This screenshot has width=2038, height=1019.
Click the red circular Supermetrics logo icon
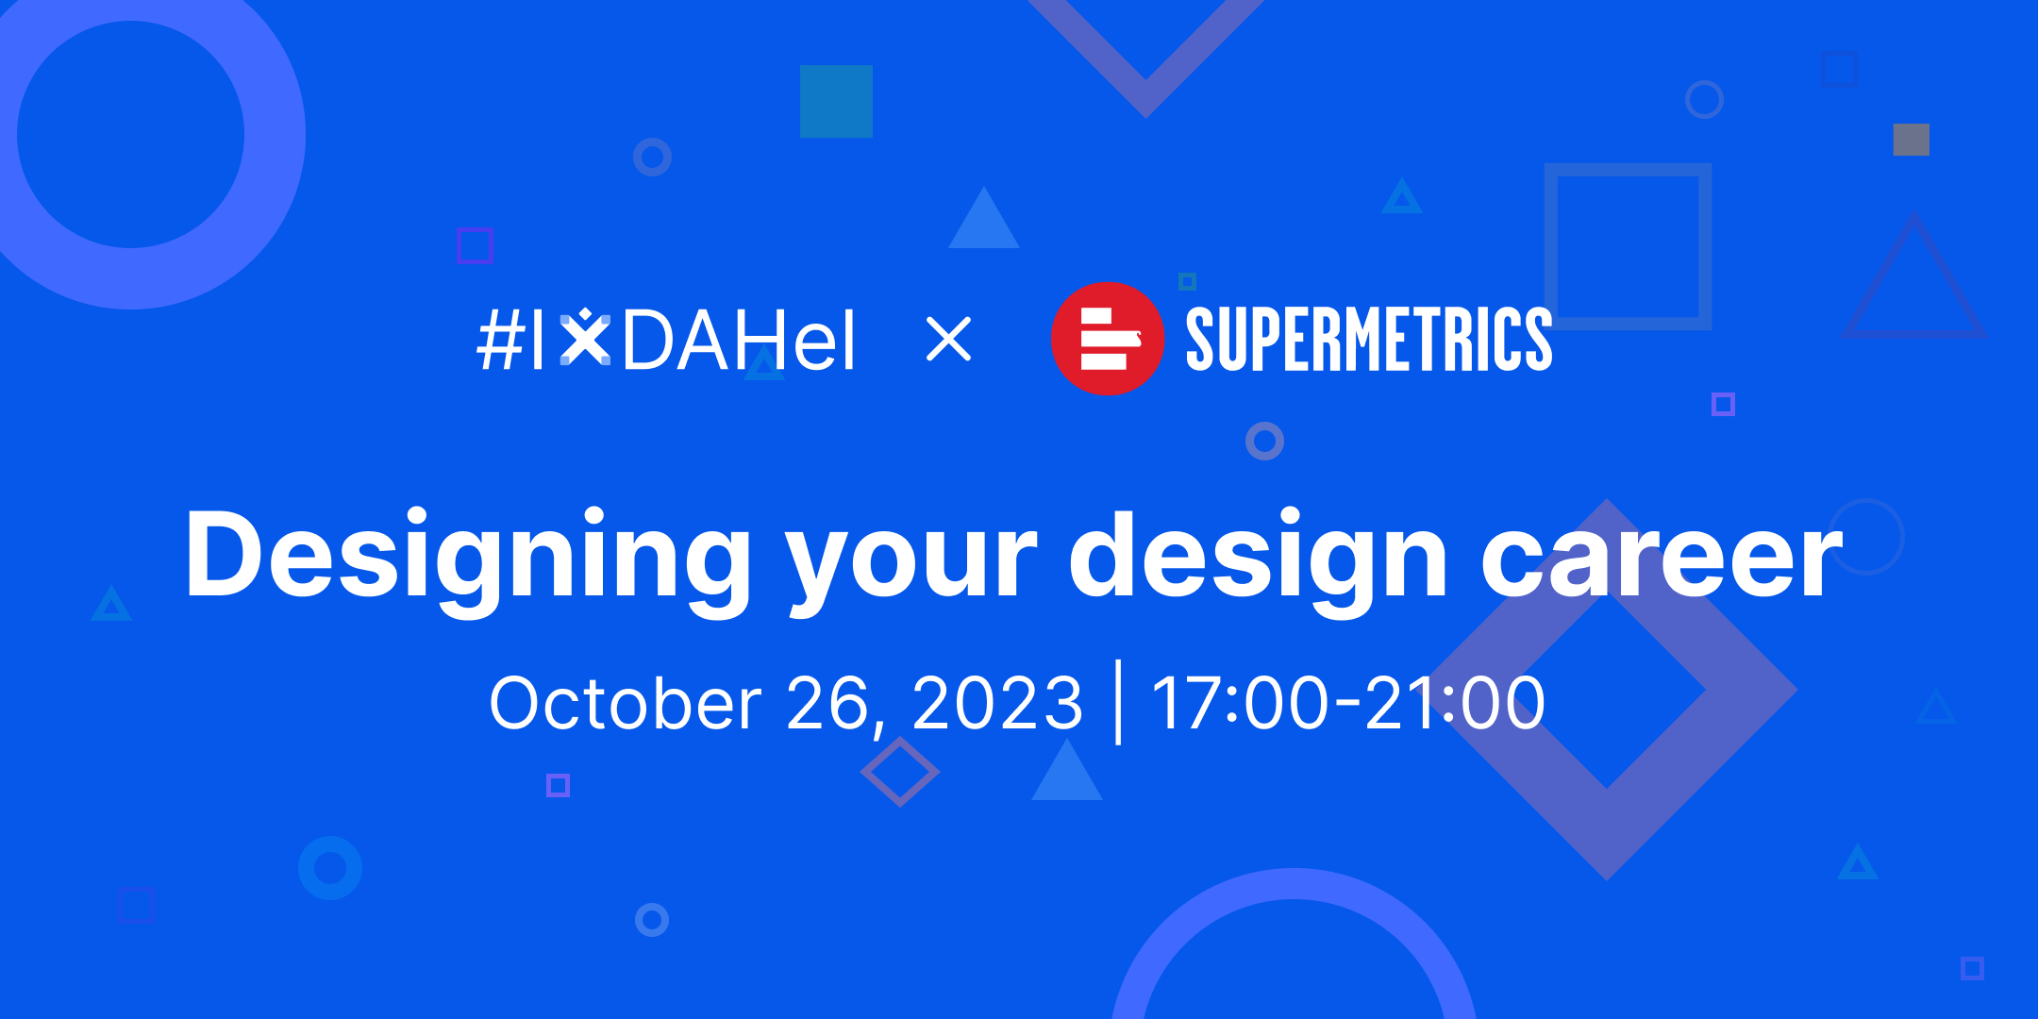coord(1108,339)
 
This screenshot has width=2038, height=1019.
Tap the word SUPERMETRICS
coord(1369,339)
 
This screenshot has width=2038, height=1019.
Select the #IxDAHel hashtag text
coord(666,340)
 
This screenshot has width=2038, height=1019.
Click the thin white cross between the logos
coord(949,340)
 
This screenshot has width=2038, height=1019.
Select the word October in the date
coord(626,704)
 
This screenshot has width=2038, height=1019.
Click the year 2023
coord(997,704)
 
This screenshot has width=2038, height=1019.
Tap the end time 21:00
coord(1456,704)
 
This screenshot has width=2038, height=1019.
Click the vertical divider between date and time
coord(1119,702)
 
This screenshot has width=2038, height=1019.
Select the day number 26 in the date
coord(828,704)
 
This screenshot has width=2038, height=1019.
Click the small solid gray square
coord(1912,140)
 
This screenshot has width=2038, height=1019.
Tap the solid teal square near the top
coord(836,101)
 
